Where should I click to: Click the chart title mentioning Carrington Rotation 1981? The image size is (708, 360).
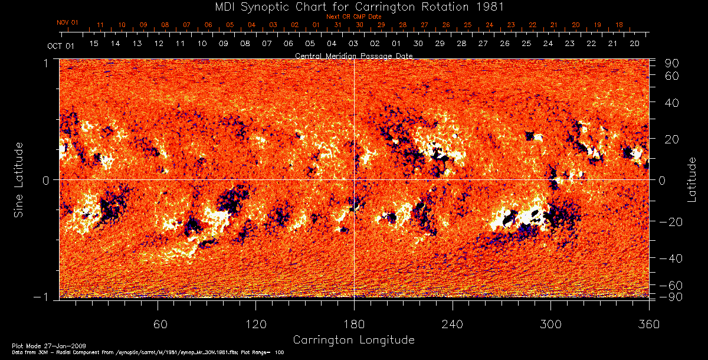coord(354,7)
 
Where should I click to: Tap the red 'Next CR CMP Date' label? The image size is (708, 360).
coord(353,17)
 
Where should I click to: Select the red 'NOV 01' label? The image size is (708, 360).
coord(68,22)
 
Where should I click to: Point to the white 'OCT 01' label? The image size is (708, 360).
coord(61,45)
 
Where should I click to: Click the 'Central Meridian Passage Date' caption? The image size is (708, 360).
coord(354,55)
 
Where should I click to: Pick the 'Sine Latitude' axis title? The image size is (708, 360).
coord(19,179)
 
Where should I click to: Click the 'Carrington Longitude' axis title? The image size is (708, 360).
coord(354,340)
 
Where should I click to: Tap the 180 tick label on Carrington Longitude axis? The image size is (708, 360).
coord(354,324)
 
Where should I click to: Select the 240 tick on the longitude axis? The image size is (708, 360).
coord(453,324)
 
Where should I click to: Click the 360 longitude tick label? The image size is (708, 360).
coord(649,324)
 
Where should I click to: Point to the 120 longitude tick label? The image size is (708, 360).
coord(255,324)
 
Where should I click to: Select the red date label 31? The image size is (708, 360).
coord(338,25)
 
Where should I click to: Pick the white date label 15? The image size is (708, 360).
coord(94,44)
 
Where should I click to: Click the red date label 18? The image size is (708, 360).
coord(619,25)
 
